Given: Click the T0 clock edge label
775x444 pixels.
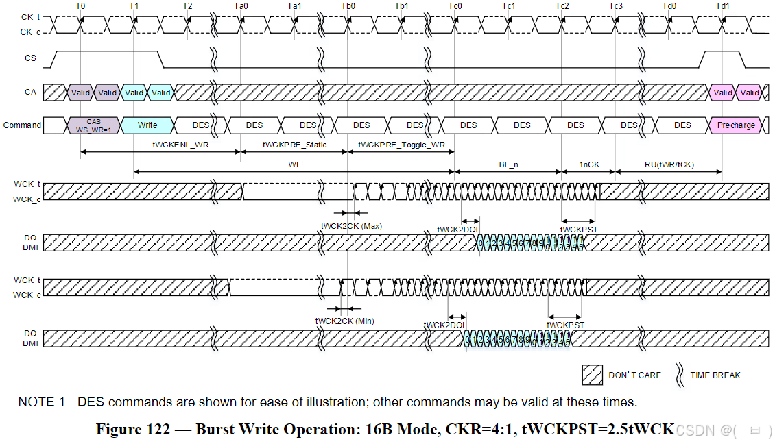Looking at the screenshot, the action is click(80, 5).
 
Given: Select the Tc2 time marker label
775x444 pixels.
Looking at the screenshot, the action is click(562, 5).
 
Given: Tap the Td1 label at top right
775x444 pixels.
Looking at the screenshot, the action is click(722, 5).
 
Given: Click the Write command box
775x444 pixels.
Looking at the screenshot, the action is click(147, 125).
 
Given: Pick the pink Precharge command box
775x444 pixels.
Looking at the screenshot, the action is click(736, 125).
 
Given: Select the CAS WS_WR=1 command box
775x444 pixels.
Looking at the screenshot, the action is click(94, 125).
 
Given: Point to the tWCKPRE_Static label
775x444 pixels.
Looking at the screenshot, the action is click(294, 145).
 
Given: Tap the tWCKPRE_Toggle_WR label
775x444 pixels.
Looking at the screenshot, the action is click(402, 145).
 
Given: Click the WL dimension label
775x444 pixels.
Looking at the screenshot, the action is click(295, 164).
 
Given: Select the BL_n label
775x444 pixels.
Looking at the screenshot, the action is click(508, 164).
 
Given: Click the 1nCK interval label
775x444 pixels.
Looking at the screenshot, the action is click(588, 164).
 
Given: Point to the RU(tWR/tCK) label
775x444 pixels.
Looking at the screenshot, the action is click(669, 164).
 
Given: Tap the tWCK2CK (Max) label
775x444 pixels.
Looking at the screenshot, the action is click(351, 225).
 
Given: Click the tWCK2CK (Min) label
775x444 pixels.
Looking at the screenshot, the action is click(345, 321).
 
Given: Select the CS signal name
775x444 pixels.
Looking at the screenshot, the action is click(30, 58).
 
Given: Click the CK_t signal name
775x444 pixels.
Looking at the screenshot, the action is click(29, 17).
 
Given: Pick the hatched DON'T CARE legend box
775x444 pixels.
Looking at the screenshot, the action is click(592, 375).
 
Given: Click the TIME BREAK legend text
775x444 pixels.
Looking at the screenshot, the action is click(715, 375).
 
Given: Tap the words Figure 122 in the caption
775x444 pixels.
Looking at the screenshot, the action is click(132, 430).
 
